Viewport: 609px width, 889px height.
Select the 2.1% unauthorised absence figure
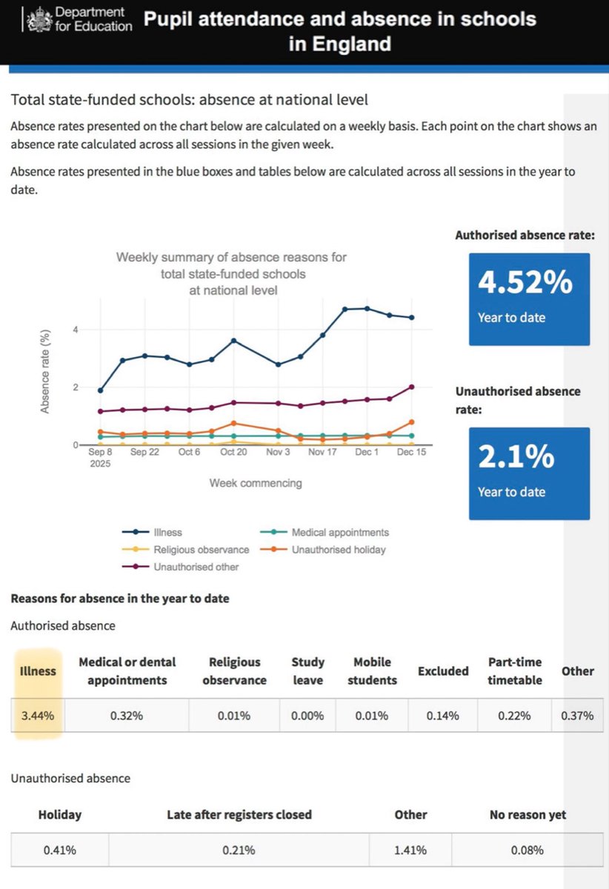point(516,457)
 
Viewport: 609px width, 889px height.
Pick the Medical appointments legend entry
point(339,532)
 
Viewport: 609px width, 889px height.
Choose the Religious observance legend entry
point(201,550)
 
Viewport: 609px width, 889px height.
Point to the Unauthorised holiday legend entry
point(339,550)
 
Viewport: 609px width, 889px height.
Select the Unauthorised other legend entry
point(196,567)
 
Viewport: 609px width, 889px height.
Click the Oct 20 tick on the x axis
point(233,452)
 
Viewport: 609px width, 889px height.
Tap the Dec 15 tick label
point(410,452)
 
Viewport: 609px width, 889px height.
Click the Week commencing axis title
point(256,483)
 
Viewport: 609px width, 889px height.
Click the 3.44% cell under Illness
point(37,716)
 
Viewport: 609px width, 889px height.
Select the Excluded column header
point(443,671)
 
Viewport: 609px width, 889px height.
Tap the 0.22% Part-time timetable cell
point(514,716)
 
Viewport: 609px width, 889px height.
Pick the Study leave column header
point(307,670)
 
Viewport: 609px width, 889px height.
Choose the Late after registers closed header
point(239,815)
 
